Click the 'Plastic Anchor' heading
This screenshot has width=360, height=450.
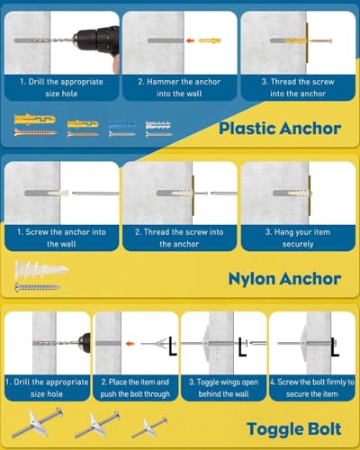280,129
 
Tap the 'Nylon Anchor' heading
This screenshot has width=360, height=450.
284,279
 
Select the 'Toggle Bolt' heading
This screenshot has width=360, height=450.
294,428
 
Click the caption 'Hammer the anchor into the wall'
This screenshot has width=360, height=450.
179,87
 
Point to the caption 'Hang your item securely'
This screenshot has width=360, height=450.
298,238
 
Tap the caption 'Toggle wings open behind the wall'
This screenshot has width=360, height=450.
223,388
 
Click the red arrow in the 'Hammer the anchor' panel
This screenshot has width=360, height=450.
190,40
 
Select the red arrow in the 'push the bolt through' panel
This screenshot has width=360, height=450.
130,344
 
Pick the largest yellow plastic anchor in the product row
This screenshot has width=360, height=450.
35,120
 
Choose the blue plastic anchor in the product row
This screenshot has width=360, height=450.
122,125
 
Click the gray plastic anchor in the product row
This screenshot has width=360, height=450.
158,125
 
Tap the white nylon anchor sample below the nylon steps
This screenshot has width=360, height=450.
41,269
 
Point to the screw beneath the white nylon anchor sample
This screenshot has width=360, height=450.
37,287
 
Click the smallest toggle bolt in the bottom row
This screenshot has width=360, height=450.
149,427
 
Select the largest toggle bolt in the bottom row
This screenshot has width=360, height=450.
37,422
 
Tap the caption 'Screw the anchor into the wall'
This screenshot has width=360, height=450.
61,238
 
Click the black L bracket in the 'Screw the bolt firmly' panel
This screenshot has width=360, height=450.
335,347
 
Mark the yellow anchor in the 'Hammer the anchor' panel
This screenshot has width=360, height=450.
210,40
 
